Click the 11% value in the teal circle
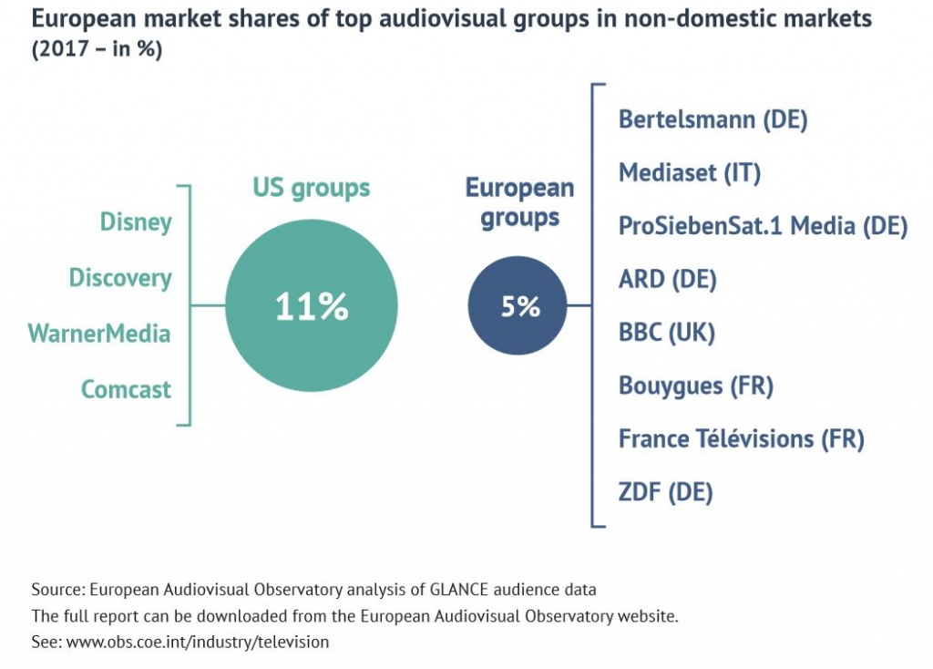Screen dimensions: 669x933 pyautogui.click(x=312, y=307)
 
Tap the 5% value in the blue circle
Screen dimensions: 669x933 pyautogui.click(x=520, y=307)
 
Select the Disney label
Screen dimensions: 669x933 pyautogui.click(x=136, y=221)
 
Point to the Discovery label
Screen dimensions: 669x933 pyautogui.click(x=120, y=277)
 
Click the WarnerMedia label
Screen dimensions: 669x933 pyautogui.click(x=99, y=334)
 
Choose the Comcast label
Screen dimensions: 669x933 pyautogui.click(x=126, y=389)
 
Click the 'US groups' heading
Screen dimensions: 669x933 pyautogui.click(x=312, y=188)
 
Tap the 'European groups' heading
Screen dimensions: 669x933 pyautogui.click(x=519, y=203)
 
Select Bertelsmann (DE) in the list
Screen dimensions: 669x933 pyautogui.click(x=713, y=119)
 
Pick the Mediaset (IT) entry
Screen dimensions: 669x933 pyautogui.click(x=690, y=172)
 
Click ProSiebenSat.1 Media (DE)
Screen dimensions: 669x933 pyautogui.click(x=763, y=225)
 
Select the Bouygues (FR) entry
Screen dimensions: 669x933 pyautogui.click(x=696, y=386)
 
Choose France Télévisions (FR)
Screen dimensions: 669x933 pyautogui.click(x=741, y=439)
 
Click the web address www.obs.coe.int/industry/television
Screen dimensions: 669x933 pyautogui.click(x=198, y=642)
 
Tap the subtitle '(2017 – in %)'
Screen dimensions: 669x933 pyautogui.click(x=97, y=51)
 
